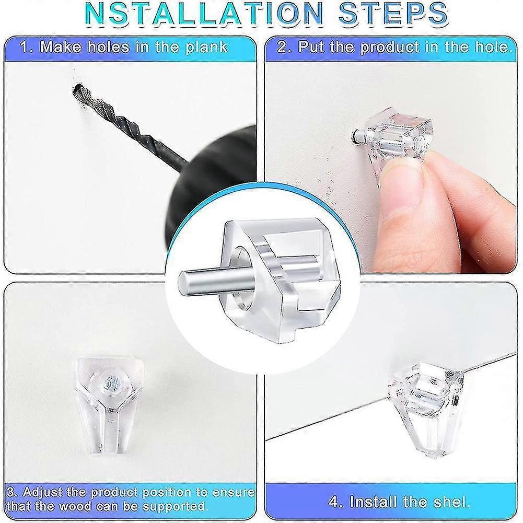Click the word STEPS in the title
(392, 14)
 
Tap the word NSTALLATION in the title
(204, 14)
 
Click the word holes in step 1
(108, 47)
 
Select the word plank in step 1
(206, 48)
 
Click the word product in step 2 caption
(390, 48)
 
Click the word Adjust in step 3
(43, 493)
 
